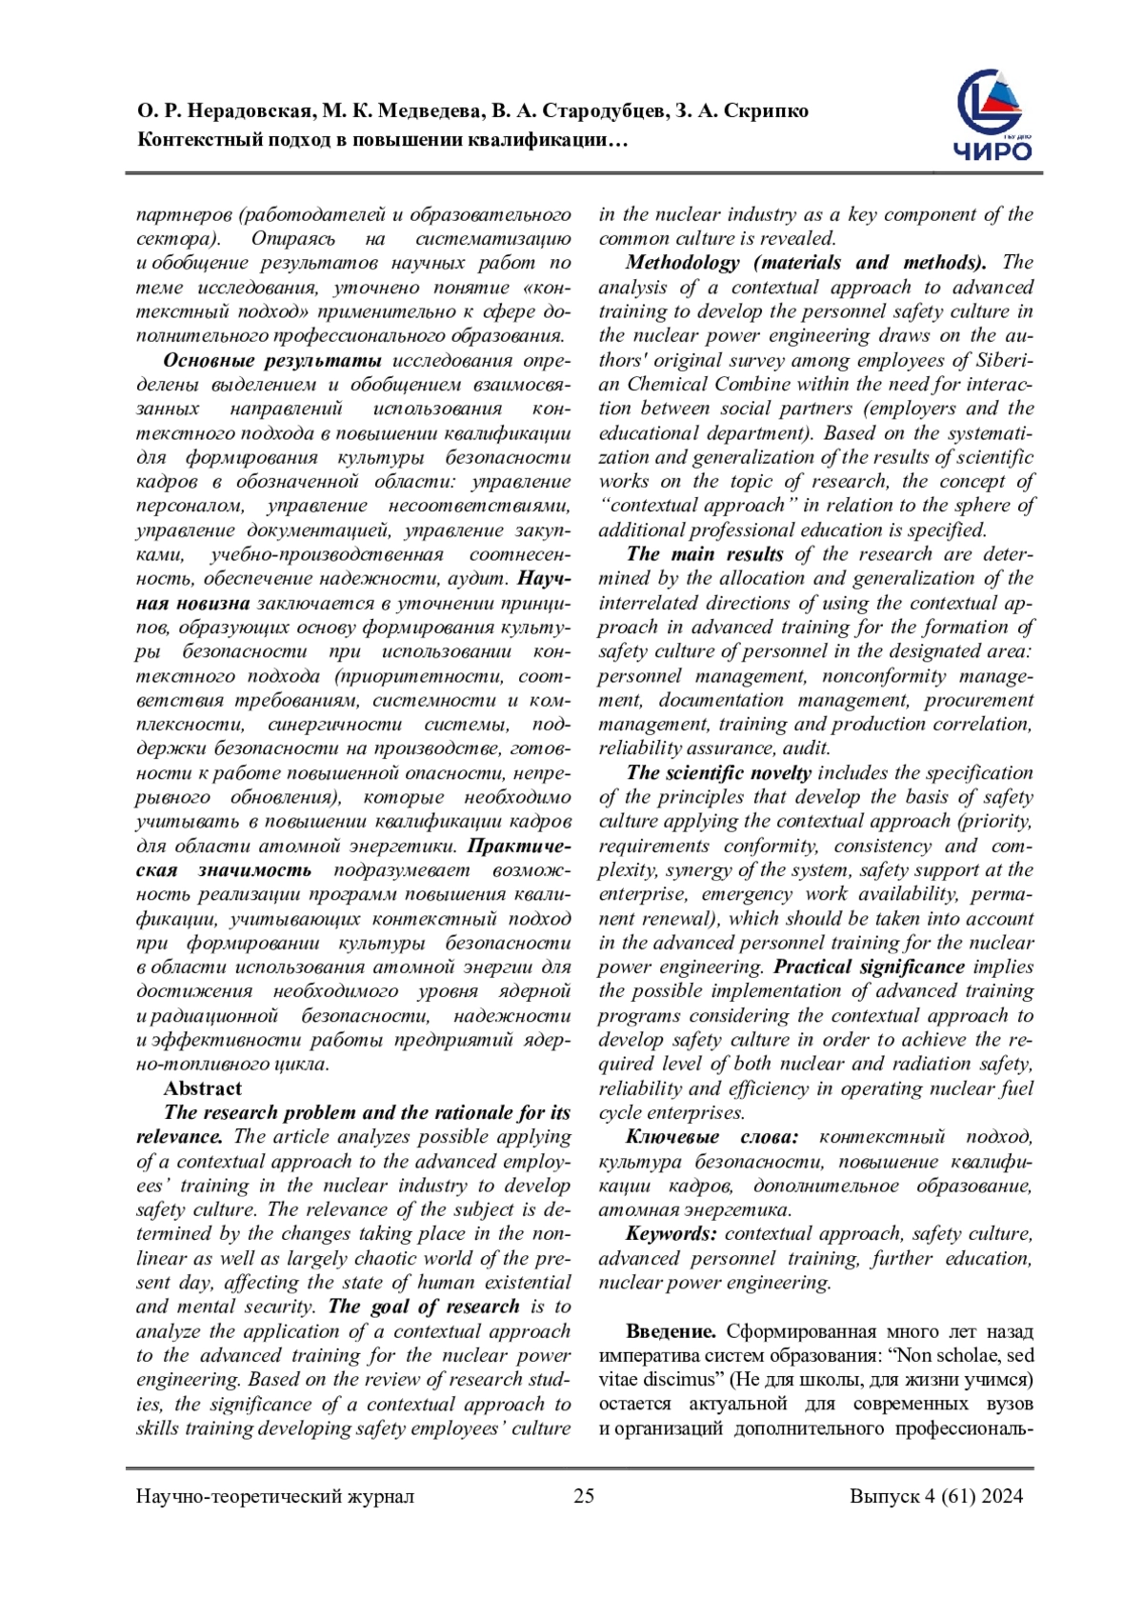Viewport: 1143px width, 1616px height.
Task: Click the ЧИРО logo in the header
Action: [x=993, y=115]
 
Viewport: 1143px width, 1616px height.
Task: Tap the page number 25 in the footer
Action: [x=584, y=1496]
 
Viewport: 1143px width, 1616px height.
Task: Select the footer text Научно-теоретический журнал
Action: [x=275, y=1496]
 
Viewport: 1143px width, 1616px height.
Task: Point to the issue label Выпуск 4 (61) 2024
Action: [x=936, y=1496]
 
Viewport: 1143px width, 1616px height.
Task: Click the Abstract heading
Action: [x=202, y=1088]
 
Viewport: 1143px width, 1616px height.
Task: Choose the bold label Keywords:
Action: [x=672, y=1234]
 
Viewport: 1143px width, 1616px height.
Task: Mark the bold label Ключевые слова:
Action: [x=712, y=1137]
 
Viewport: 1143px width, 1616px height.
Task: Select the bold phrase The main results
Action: [x=705, y=554]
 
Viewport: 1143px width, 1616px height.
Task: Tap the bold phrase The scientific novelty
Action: [x=718, y=773]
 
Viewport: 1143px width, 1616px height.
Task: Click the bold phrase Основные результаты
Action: [x=272, y=360]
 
